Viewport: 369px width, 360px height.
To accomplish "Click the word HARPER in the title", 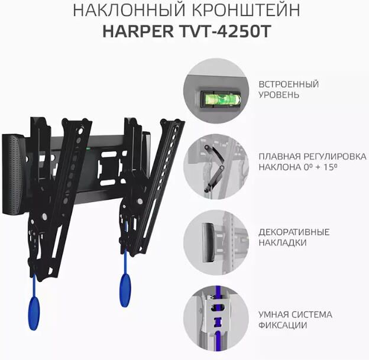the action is [x=138, y=31].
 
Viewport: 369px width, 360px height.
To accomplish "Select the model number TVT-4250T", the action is [x=226, y=31].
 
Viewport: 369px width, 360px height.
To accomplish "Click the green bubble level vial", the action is [x=220, y=99].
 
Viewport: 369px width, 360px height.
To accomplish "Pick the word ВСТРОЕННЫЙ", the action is [x=289, y=84].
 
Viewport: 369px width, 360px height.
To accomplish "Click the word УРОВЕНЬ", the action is [x=279, y=95].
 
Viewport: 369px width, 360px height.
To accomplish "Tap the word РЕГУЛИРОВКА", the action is [x=335, y=157].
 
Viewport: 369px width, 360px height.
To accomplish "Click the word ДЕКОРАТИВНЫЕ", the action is [x=294, y=232].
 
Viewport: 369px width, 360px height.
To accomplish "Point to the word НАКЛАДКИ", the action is [x=283, y=242].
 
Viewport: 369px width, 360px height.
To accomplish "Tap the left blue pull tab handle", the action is [x=34, y=313].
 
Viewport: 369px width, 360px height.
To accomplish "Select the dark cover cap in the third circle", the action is [x=208, y=242].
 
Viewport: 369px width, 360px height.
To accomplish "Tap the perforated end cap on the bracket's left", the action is [x=13, y=174].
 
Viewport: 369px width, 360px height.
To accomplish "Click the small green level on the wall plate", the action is [x=89, y=148].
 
